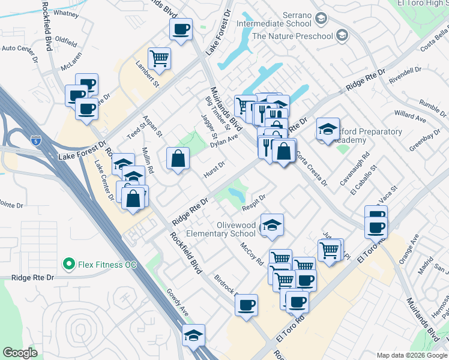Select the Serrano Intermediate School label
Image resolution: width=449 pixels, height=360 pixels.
(274, 19)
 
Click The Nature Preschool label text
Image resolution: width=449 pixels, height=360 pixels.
(292, 36)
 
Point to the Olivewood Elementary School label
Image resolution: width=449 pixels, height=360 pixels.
(221, 229)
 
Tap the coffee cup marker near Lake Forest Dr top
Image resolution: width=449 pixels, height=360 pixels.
(181, 29)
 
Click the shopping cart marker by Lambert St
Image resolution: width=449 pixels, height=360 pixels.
(160, 58)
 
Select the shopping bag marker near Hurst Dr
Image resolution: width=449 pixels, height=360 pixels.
(178, 158)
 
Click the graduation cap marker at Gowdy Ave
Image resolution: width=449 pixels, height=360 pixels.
(193, 335)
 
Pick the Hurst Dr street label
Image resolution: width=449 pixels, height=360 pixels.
(214, 168)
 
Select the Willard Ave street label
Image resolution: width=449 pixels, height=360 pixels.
(410, 116)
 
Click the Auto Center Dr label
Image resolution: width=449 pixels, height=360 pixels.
(19, 47)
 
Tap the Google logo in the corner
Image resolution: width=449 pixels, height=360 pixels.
(20, 352)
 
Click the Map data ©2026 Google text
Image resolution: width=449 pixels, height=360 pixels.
(411, 355)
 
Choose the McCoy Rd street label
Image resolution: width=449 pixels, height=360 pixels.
(252, 253)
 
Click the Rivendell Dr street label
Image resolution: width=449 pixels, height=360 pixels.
(405, 75)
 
